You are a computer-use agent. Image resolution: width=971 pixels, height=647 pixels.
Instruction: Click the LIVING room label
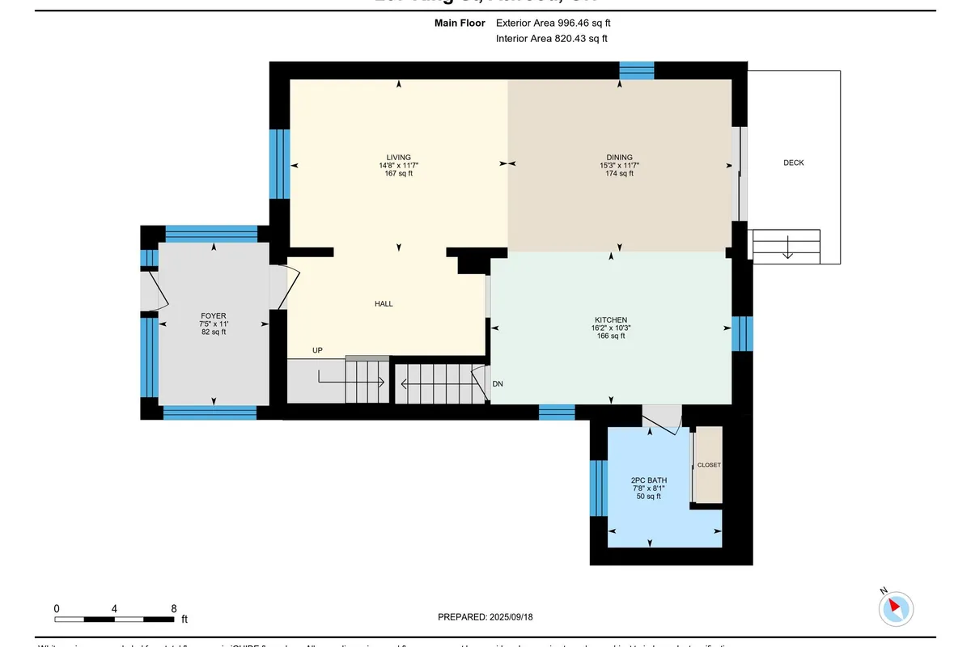pyautogui.click(x=398, y=158)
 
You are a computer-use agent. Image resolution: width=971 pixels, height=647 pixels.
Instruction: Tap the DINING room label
pyautogui.click(x=620, y=158)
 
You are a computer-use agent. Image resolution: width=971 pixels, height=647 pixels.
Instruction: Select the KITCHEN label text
pyautogui.click(x=610, y=320)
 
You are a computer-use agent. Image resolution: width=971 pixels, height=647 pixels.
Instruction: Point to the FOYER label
pyautogui.click(x=214, y=316)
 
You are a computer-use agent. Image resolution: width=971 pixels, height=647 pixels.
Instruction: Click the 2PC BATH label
pyautogui.click(x=649, y=480)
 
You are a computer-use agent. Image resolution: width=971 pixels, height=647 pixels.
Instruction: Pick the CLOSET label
pyautogui.click(x=709, y=465)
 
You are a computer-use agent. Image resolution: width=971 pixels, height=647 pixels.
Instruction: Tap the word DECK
pyautogui.click(x=794, y=163)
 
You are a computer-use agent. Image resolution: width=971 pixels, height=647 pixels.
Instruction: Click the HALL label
pyautogui.click(x=384, y=304)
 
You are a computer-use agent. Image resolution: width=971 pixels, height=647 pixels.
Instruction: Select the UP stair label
pyautogui.click(x=318, y=350)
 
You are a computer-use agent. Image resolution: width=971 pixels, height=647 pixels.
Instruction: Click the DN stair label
pyautogui.click(x=498, y=383)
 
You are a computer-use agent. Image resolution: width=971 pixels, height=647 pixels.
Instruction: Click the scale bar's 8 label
pyautogui.click(x=174, y=608)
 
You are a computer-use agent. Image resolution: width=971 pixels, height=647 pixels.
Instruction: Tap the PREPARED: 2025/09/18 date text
pyautogui.click(x=485, y=617)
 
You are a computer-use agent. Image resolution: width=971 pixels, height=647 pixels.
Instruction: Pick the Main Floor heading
pyautogui.click(x=460, y=23)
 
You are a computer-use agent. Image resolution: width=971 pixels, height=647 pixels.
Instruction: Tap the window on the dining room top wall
pyautogui.click(x=637, y=70)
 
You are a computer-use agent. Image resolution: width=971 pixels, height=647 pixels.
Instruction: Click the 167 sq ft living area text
pyautogui.click(x=398, y=173)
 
